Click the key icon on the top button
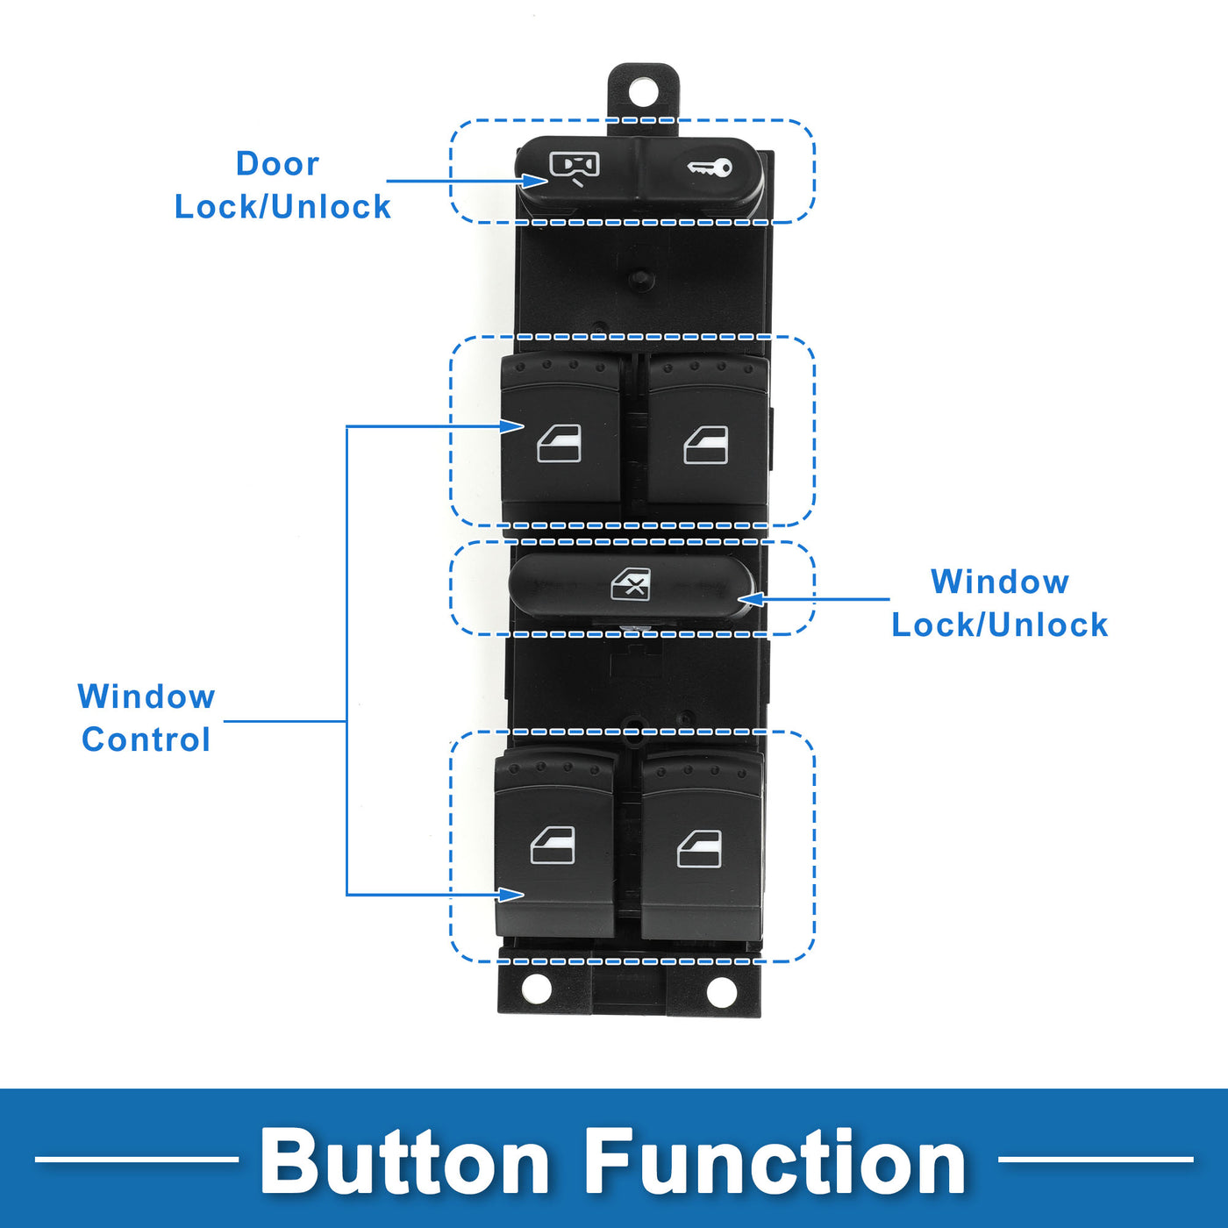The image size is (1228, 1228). click(710, 168)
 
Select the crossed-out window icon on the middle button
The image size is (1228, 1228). click(631, 584)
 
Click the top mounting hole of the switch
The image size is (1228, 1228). click(643, 90)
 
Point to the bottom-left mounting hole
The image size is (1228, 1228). click(537, 989)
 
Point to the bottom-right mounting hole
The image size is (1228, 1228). click(721, 992)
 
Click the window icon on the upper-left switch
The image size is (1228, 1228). click(560, 444)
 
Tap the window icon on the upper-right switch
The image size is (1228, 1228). click(706, 446)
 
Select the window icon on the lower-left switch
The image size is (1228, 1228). click(553, 846)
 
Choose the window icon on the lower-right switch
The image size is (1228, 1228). click(700, 848)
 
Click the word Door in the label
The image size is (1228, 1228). click(277, 164)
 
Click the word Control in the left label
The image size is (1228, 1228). click(146, 739)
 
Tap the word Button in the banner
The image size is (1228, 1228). click(404, 1162)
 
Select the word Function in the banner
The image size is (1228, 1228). click(775, 1162)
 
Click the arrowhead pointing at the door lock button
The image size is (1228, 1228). click(536, 182)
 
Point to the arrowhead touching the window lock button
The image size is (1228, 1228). click(750, 600)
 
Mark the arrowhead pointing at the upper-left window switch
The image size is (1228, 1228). click(513, 426)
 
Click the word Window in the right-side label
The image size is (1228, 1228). click(1000, 582)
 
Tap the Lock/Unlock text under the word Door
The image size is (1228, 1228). click(282, 207)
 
